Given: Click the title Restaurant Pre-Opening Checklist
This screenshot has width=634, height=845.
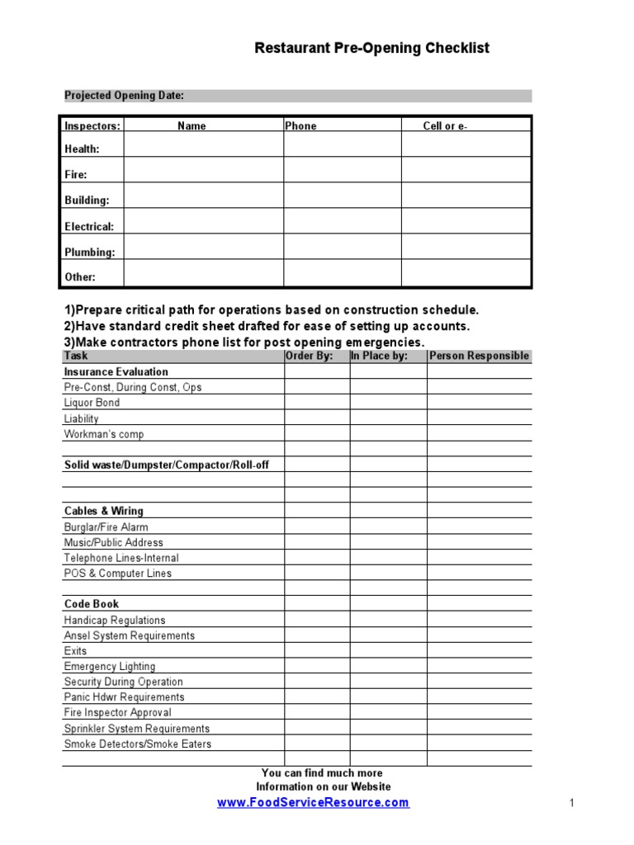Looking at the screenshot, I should [371, 49].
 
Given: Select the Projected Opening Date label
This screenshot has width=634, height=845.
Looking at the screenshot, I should [124, 96].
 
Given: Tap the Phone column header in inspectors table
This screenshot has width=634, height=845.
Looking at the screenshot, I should [300, 126].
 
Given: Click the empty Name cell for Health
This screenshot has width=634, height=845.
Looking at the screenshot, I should [204, 145].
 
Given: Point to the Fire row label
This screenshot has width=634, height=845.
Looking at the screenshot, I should [76, 175].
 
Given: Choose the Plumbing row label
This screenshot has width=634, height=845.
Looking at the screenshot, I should [90, 253].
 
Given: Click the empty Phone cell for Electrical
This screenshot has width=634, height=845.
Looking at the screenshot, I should [343, 221].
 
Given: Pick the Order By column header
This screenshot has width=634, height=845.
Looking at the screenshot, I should [310, 356].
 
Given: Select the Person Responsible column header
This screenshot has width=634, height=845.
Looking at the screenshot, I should [479, 356].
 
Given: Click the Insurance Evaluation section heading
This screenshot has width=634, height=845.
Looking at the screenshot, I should [116, 372].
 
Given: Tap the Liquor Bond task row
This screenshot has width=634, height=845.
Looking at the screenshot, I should [92, 403].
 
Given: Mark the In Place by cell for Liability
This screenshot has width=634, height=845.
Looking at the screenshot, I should [388, 418].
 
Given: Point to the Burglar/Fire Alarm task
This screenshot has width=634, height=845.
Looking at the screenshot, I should [106, 527].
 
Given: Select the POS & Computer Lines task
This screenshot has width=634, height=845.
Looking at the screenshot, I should [118, 574].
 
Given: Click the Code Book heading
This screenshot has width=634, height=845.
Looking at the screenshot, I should [92, 604].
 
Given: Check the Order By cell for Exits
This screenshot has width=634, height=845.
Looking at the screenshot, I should [317, 651].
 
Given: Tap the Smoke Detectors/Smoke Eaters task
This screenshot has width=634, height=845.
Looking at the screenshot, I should [138, 744].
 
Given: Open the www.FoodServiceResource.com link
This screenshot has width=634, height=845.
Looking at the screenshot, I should [313, 803].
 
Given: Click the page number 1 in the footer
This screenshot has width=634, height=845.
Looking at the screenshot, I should [571, 803].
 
